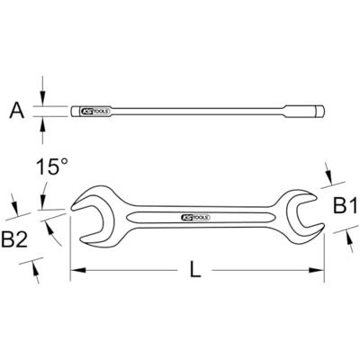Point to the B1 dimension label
click(x=344, y=209)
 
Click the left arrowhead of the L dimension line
click(x=75, y=269)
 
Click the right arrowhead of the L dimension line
click(x=319, y=269)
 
